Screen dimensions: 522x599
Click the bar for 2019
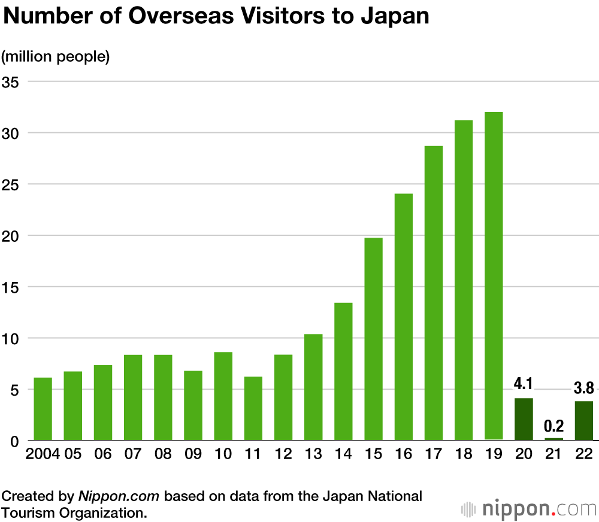(x=494, y=275)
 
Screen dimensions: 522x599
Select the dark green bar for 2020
(x=524, y=419)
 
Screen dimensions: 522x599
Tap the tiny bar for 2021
(x=553, y=439)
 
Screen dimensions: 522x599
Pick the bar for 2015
(x=373, y=339)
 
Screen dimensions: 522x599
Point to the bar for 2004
(x=43, y=409)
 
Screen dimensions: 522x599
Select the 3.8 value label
(x=583, y=388)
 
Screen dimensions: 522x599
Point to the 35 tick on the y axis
(x=11, y=81)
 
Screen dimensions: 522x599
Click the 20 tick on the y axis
(x=11, y=235)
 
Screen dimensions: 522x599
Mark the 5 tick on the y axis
(x=14, y=390)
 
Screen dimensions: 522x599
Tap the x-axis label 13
(x=313, y=454)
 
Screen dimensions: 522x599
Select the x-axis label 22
(x=583, y=454)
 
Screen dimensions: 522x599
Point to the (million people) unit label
(x=55, y=57)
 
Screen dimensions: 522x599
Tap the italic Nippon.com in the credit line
(x=119, y=496)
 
